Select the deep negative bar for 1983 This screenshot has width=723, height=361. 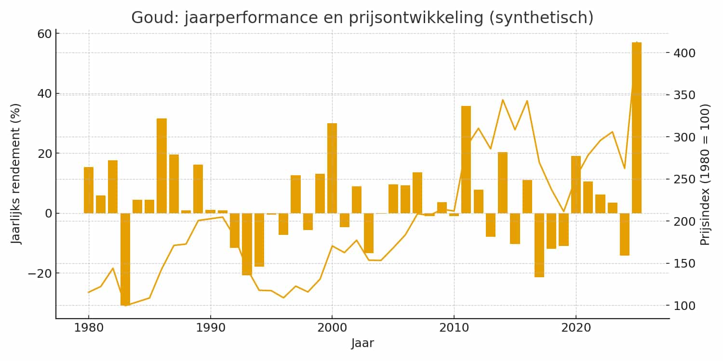click(125, 259)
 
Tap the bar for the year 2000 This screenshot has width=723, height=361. click(332, 168)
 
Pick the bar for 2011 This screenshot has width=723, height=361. click(466, 159)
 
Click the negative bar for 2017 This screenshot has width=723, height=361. click(539, 245)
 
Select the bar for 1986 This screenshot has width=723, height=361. click(161, 166)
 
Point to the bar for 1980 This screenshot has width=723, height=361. click(89, 190)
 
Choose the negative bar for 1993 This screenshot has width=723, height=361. click(247, 244)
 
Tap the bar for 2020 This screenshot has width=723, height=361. click(576, 184)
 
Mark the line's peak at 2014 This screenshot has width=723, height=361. click(503, 100)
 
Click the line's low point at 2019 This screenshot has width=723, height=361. click(563, 211)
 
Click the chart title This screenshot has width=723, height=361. click(362, 17)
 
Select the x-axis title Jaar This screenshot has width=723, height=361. click(362, 343)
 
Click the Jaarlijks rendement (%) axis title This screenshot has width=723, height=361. click(17, 174)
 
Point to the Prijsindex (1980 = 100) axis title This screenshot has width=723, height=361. click(705, 174)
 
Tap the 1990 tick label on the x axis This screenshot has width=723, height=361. click(210, 328)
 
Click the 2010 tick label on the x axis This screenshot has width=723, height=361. click(454, 328)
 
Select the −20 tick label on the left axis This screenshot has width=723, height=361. click(38, 273)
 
